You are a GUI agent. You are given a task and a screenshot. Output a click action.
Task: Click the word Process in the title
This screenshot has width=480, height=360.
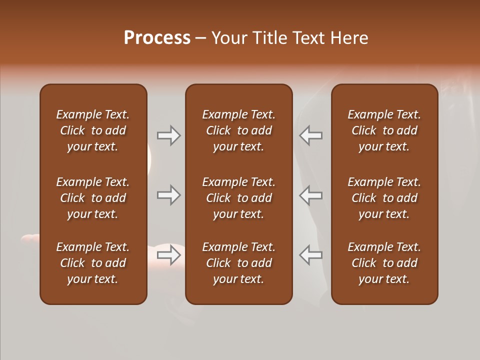point(157,38)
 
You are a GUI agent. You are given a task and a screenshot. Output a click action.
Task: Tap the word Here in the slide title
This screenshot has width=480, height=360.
point(348,38)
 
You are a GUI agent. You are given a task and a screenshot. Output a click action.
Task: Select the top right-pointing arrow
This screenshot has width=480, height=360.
point(168,135)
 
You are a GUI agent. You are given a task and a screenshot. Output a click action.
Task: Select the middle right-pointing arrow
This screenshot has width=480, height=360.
point(168,195)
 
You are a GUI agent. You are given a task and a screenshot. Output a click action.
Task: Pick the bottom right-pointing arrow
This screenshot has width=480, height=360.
point(168,255)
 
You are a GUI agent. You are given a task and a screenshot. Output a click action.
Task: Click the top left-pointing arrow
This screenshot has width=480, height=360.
point(311,135)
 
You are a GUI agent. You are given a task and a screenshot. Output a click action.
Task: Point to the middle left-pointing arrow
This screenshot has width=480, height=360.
point(311,195)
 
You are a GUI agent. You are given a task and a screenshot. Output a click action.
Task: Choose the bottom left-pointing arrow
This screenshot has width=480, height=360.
point(311,255)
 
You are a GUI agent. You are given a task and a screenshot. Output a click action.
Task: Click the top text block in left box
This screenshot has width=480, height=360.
point(93,130)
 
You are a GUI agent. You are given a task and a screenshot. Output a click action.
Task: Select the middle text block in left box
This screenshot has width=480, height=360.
point(93,198)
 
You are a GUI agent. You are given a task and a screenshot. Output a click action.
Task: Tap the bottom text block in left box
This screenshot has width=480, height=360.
point(93,263)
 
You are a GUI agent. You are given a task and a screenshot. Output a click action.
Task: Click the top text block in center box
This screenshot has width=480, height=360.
point(238,130)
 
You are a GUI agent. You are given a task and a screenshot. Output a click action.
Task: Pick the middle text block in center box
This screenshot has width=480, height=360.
point(238,198)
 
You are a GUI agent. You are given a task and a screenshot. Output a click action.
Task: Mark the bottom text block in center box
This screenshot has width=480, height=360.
point(238,263)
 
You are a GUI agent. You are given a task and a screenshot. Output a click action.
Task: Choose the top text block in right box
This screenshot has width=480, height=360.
point(384,130)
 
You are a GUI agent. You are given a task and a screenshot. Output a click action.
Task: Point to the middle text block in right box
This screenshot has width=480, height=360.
point(384,198)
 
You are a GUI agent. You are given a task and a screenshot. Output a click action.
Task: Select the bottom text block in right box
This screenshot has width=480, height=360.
point(384,263)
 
